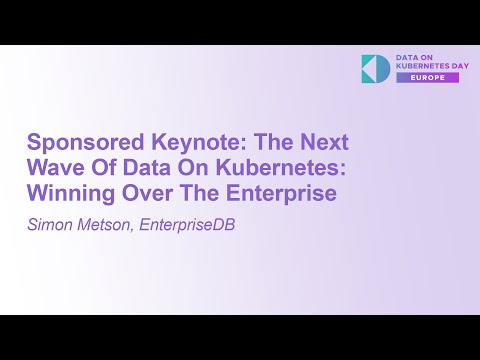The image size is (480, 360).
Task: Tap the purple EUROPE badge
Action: pos(427,77)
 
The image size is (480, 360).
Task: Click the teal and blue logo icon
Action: pos(376,68)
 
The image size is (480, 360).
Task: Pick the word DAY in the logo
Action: pos(448,66)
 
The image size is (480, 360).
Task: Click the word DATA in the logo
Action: pos(407,57)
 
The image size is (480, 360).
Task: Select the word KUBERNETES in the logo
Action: pos(416,66)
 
